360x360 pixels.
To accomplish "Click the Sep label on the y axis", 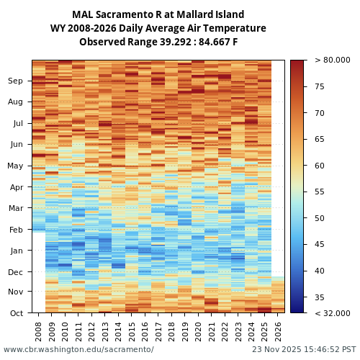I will point(16,81).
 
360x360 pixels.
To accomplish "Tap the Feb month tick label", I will point(16,230).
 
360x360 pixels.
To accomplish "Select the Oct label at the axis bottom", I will point(16,313).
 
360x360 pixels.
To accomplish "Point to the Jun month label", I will point(16,145).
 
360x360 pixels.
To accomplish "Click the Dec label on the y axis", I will point(16,272).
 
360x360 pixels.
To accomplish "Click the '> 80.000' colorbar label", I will point(332,60).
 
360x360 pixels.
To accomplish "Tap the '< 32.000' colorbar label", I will point(332,313).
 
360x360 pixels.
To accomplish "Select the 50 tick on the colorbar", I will point(320,218).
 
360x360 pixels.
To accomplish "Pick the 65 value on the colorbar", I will point(320,139).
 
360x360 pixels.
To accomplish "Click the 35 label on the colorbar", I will point(320,297).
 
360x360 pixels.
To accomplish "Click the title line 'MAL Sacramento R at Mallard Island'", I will point(158,14).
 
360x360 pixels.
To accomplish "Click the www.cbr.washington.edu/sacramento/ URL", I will point(78,349).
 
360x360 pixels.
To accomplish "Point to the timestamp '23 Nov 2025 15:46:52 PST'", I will point(304,349).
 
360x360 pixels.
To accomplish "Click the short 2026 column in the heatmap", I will point(278,294).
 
